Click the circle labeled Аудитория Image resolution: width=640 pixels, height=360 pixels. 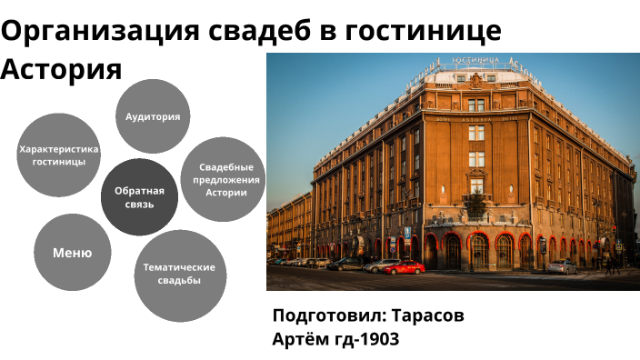point(153,116)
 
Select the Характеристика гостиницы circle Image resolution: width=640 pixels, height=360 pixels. point(58,155)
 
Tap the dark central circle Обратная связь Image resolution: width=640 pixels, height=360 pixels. point(139,197)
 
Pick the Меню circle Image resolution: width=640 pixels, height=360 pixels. point(72,254)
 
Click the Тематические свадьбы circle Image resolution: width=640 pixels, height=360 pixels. point(180,275)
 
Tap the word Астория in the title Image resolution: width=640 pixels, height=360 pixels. point(61,70)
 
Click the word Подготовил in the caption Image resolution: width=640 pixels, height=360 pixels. point(329,315)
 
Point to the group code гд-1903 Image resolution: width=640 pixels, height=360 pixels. point(368,339)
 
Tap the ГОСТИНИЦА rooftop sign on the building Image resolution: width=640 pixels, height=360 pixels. point(475,62)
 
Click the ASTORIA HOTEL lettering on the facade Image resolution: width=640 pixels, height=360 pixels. point(476,118)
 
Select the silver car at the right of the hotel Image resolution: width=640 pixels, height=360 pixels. point(561,266)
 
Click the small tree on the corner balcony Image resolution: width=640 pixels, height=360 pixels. point(475,204)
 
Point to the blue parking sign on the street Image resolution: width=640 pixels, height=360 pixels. point(406,233)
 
